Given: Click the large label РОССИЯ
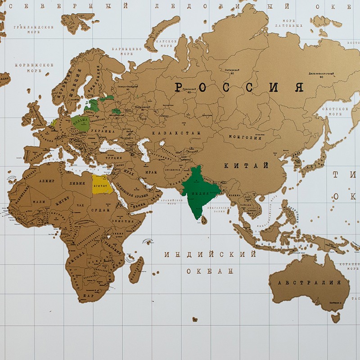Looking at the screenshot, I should [x=238, y=87].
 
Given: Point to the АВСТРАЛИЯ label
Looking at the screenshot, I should [x=309, y=283].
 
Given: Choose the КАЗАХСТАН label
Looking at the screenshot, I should [x=175, y=133].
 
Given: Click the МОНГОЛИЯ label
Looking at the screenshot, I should [x=245, y=137].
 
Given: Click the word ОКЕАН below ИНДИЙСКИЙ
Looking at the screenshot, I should [x=210, y=271].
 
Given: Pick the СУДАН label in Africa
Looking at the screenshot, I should [x=99, y=210].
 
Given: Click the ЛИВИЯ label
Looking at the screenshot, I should [x=75, y=184].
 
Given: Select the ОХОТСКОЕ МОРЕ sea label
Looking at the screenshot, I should [x=338, y=112].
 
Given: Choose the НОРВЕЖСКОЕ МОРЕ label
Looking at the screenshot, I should [x=34, y=67].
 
